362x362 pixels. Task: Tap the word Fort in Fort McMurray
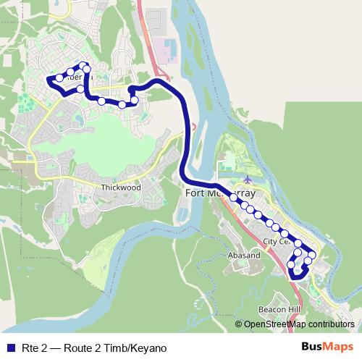(195, 194)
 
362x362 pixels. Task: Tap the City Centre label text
(276, 242)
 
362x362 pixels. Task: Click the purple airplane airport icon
(249, 179)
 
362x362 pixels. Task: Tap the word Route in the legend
(80, 347)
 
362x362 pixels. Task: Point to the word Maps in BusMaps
(339, 346)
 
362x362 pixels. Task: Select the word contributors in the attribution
(332, 324)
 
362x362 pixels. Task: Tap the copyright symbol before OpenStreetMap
(239, 324)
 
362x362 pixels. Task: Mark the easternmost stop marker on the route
(313, 255)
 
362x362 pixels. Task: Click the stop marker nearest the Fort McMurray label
(234, 197)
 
